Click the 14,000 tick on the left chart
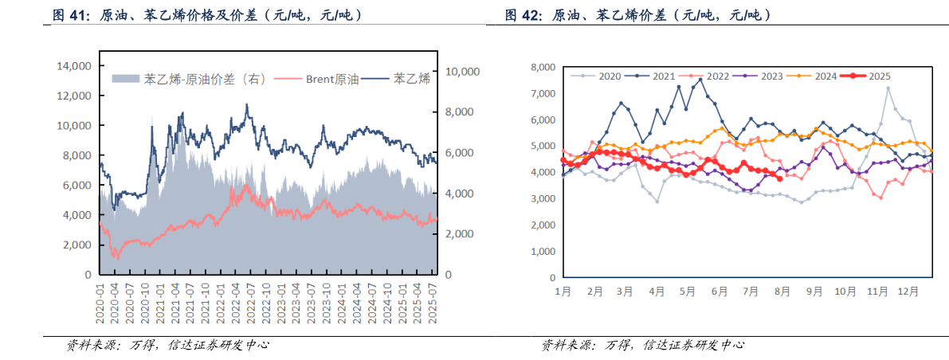[73, 66]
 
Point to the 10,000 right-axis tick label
[462, 72]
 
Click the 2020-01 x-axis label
[100, 302]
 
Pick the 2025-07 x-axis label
[433, 302]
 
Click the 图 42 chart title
[637, 15]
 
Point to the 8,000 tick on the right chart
[542, 68]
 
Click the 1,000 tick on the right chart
[542, 252]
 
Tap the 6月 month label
[720, 292]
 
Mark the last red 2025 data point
[779, 178]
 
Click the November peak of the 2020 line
[888, 88]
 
